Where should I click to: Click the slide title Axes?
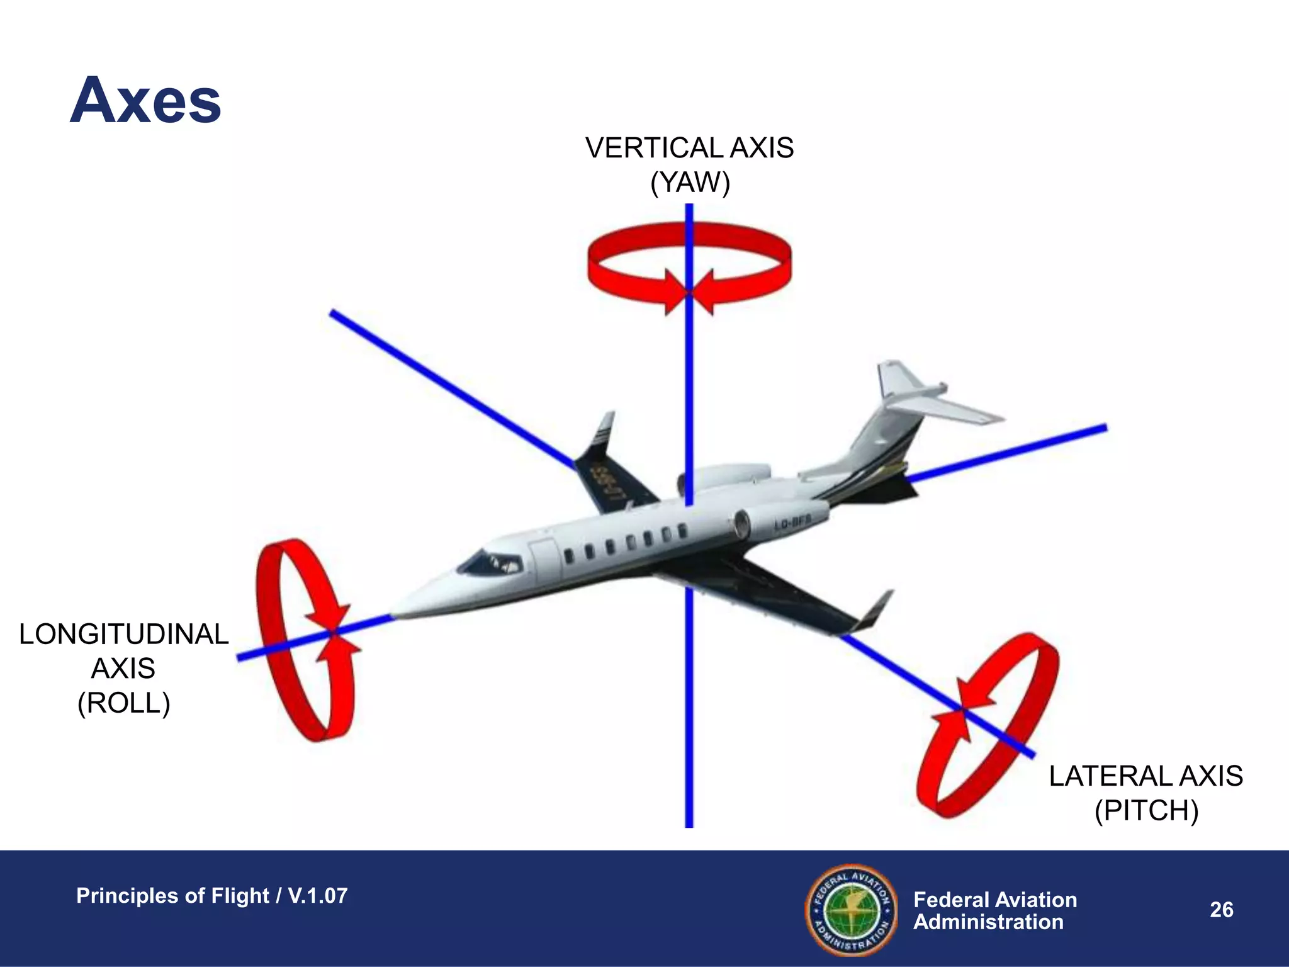coord(145,101)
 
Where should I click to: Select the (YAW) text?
coord(690,183)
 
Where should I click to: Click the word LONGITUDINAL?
coord(123,634)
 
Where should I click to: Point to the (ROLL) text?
coord(123,703)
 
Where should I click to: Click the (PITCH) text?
coord(1146,810)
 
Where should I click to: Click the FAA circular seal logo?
coord(852,910)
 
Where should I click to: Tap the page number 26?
coord(1221,910)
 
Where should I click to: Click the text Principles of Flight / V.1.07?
coord(211,896)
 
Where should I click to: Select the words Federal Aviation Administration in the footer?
coord(994,910)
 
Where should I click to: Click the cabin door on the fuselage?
coord(544,560)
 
